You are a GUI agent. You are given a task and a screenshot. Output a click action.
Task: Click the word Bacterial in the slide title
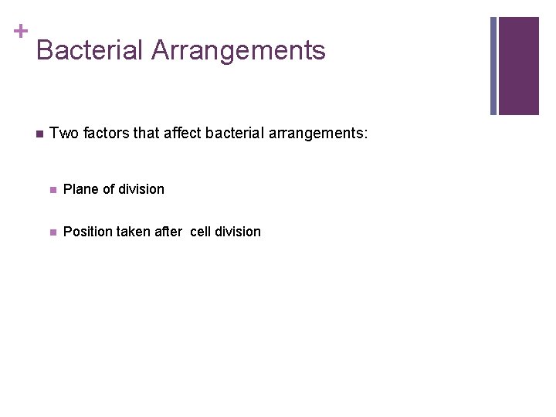tap(90, 51)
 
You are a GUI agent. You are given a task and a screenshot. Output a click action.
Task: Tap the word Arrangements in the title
tap(239, 51)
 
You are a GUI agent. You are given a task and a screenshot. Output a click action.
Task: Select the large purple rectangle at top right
tap(518, 66)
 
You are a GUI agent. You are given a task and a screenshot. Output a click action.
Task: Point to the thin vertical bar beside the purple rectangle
tap(493, 66)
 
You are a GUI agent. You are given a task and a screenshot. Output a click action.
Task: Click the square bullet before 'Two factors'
tap(39, 134)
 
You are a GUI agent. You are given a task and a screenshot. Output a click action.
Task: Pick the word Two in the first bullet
tap(62, 134)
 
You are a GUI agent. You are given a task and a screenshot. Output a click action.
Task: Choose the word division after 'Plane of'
tap(140, 189)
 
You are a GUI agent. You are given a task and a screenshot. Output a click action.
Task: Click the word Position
tap(87, 232)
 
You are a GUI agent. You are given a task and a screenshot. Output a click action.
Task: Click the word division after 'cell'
tap(238, 232)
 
